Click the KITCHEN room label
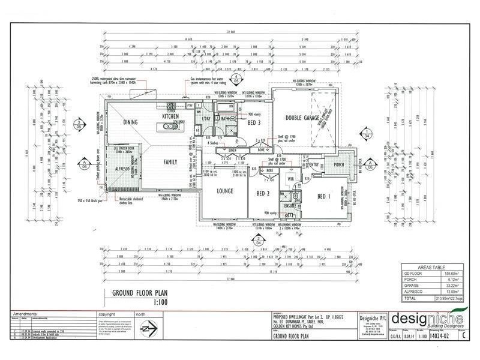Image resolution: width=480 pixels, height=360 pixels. [x=171, y=116]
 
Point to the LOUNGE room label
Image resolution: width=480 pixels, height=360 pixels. [x=224, y=191]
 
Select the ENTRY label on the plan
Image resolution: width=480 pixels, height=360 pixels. [x=313, y=164]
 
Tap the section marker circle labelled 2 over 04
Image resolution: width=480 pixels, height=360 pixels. [x=258, y=239]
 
